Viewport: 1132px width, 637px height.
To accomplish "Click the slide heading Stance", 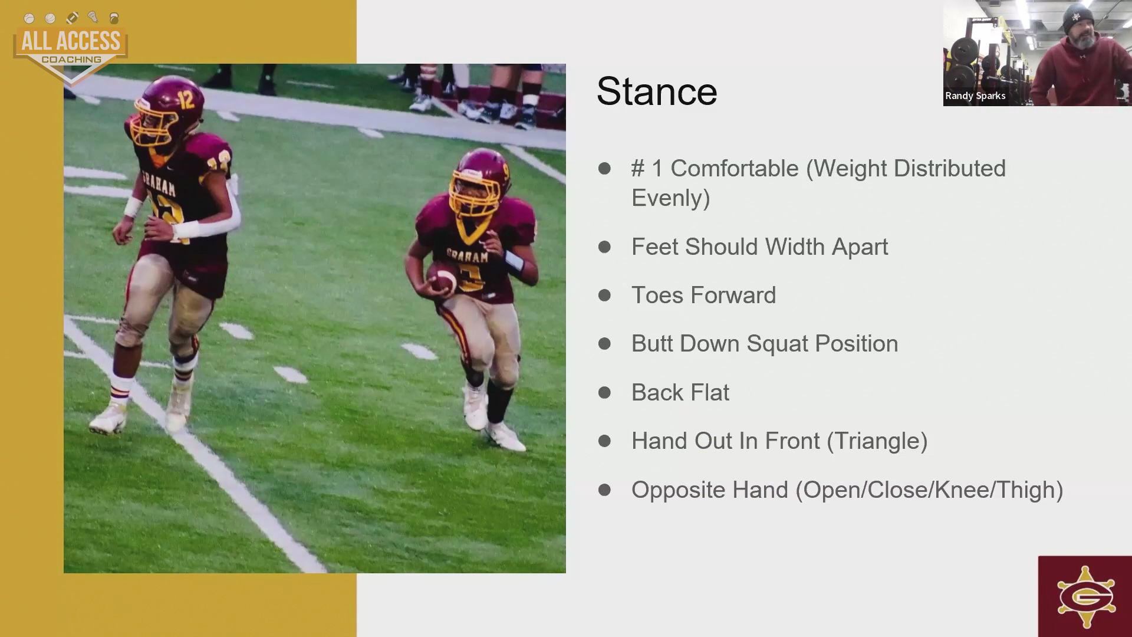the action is click(657, 91).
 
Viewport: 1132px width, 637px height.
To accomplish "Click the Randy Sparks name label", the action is click(975, 96).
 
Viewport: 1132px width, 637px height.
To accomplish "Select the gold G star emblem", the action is click(1085, 597).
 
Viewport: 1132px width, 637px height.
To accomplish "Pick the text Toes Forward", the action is click(703, 295).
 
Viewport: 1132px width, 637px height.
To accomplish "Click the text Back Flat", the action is click(680, 393).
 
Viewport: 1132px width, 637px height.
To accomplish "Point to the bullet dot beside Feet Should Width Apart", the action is click(604, 247).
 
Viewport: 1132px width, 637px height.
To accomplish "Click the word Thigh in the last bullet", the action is click(1026, 490).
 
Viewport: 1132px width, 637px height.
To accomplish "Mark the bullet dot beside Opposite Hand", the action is click(604, 490).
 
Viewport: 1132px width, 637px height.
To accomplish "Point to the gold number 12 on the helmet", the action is click(186, 100).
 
